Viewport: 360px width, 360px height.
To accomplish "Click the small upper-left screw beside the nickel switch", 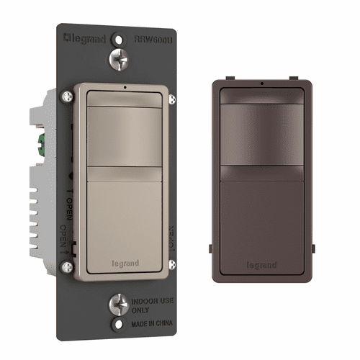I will (x=66, y=94).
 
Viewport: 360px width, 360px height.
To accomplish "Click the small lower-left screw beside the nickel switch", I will (x=66, y=268).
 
